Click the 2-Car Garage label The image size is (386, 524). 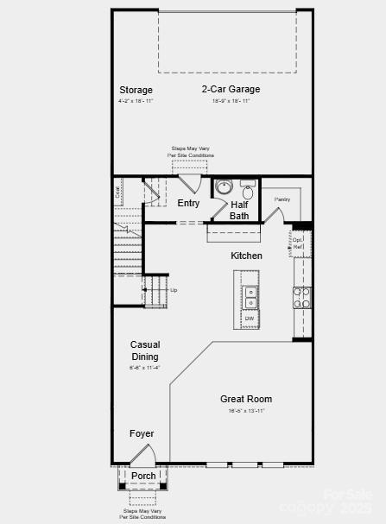(231, 89)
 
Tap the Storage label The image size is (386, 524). (136, 90)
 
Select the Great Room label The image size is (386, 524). (246, 399)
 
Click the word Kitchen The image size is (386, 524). (246, 256)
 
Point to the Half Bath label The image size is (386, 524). (239, 211)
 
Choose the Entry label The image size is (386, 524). (188, 204)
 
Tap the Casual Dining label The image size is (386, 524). (145, 350)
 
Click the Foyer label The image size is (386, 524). (142, 433)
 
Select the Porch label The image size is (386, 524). (143, 476)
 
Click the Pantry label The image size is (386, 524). (282, 199)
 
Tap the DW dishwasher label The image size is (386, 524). (249, 319)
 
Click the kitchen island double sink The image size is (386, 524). (250, 298)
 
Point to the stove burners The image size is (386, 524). (302, 298)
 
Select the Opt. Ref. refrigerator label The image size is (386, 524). (298, 243)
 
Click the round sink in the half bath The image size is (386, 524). (224, 187)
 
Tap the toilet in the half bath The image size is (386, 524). (248, 191)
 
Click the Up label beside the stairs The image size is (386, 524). (174, 290)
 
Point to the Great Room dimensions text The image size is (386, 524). (246, 411)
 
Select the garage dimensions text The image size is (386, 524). (231, 101)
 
